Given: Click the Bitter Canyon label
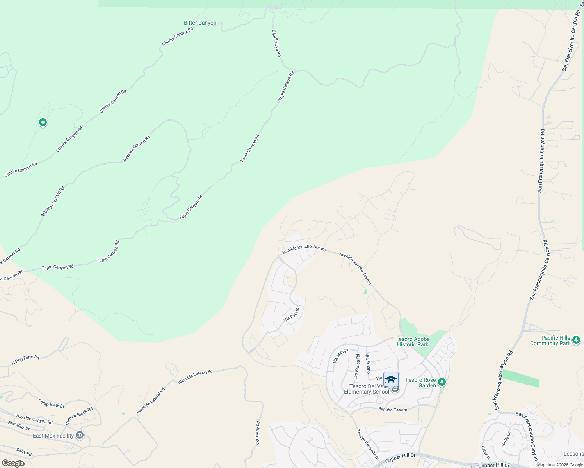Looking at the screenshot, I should click(200, 23).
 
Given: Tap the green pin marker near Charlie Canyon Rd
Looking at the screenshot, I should click(43, 122).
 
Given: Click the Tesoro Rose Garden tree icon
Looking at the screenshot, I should click(442, 382).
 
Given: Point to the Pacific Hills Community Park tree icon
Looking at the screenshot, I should click(576, 340).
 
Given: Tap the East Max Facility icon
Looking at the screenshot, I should click(80, 435).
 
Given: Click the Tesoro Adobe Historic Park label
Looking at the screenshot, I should click(413, 342).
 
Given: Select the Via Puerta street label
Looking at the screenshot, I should click(291, 315).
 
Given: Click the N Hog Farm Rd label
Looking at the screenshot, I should click(25, 360).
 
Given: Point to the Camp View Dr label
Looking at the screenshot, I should click(51, 403).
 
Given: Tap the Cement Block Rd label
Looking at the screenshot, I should click(79, 416).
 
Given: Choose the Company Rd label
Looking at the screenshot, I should click(258, 433).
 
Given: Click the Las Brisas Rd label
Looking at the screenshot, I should click(356, 367).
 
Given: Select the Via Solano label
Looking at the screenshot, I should click(367, 363).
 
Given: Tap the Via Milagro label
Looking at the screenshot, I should click(341, 356).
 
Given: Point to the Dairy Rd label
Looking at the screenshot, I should click(24, 452).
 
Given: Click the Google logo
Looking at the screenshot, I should click(13, 463).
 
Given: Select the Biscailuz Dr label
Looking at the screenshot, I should click(19, 425).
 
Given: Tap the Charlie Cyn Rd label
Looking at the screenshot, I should click(276, 43).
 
